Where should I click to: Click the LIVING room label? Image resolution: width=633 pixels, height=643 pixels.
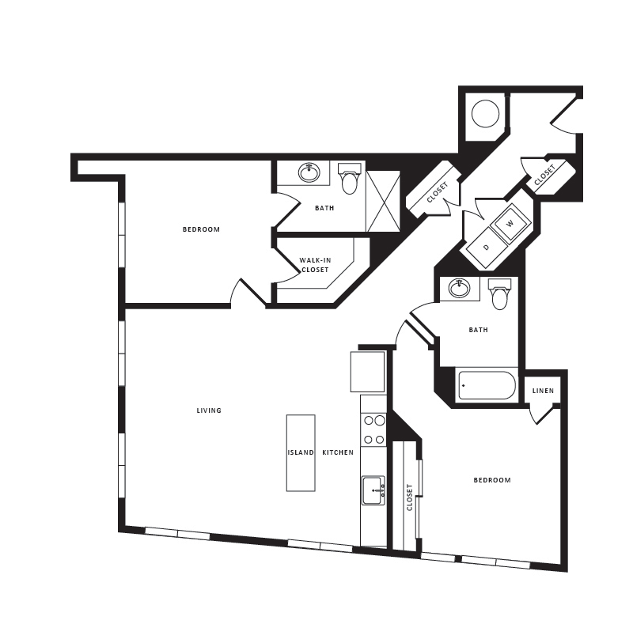[209, 410]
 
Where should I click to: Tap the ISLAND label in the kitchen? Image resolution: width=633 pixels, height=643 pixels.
[301, 452]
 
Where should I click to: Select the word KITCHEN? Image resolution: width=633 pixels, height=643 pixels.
[338, 452]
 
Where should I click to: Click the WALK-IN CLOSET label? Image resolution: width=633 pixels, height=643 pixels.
[314, 265]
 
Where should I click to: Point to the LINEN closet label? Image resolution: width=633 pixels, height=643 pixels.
[543, 391]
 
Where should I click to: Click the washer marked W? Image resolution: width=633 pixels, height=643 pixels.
[510, 224]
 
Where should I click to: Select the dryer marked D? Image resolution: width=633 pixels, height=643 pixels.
[486, 247]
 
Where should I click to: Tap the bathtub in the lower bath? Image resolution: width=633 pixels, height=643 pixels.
[487, 386]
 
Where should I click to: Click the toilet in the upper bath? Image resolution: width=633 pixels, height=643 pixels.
[349, 181]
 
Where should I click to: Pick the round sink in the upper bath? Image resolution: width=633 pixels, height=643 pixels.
[309, 172]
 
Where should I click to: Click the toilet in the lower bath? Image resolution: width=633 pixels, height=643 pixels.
[499, 296]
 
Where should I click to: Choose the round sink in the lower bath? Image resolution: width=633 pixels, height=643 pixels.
[459, 288]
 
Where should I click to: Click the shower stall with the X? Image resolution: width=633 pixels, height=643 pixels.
[383, 201]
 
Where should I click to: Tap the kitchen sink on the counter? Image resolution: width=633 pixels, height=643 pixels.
[373, 490]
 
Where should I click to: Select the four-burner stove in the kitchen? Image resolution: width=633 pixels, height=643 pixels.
[373, 430]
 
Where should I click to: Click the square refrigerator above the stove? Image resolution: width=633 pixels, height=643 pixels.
[368, 372]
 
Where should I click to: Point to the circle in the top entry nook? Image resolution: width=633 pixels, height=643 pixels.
[485, 115]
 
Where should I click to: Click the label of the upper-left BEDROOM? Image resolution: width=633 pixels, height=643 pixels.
[201, 229]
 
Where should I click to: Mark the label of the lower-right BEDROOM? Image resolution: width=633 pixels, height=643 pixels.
[492, 480]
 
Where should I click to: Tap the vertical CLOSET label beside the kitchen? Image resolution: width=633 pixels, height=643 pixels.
[410, 497]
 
